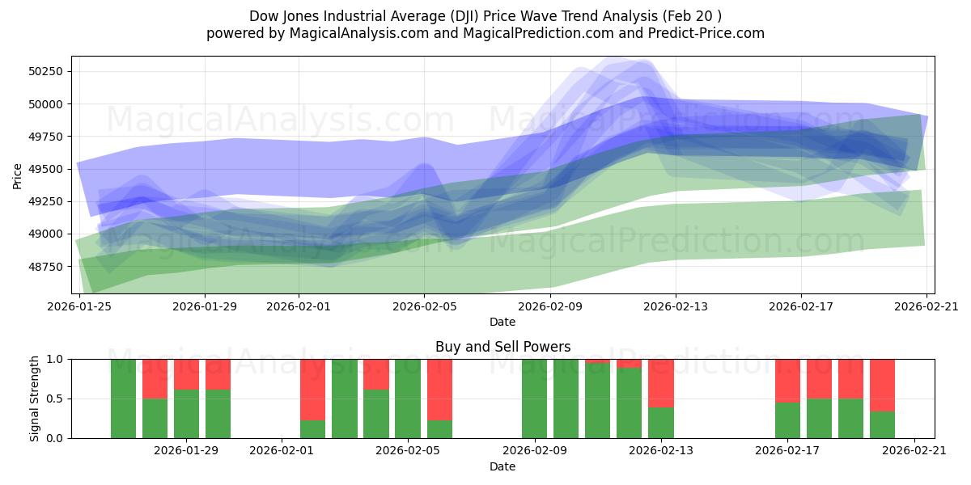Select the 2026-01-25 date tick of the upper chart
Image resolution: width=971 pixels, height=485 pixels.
click(79, 306)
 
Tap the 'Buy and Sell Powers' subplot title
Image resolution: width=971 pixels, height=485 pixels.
click(502, 347)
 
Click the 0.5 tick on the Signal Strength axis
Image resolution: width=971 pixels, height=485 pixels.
click(54, 399)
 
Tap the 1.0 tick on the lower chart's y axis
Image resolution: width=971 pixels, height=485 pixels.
click(54, 359)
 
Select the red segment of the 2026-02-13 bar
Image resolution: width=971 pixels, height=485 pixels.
click(661, 382)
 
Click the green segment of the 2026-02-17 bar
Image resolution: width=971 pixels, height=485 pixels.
click(787, 420)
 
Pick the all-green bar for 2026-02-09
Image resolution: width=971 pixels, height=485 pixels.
click(534, 399)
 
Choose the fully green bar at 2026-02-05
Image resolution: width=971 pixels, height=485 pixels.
click(408, 399)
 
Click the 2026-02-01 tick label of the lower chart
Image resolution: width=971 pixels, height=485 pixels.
click(282, 451)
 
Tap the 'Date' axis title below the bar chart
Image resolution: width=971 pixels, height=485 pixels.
click(502, 466)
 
